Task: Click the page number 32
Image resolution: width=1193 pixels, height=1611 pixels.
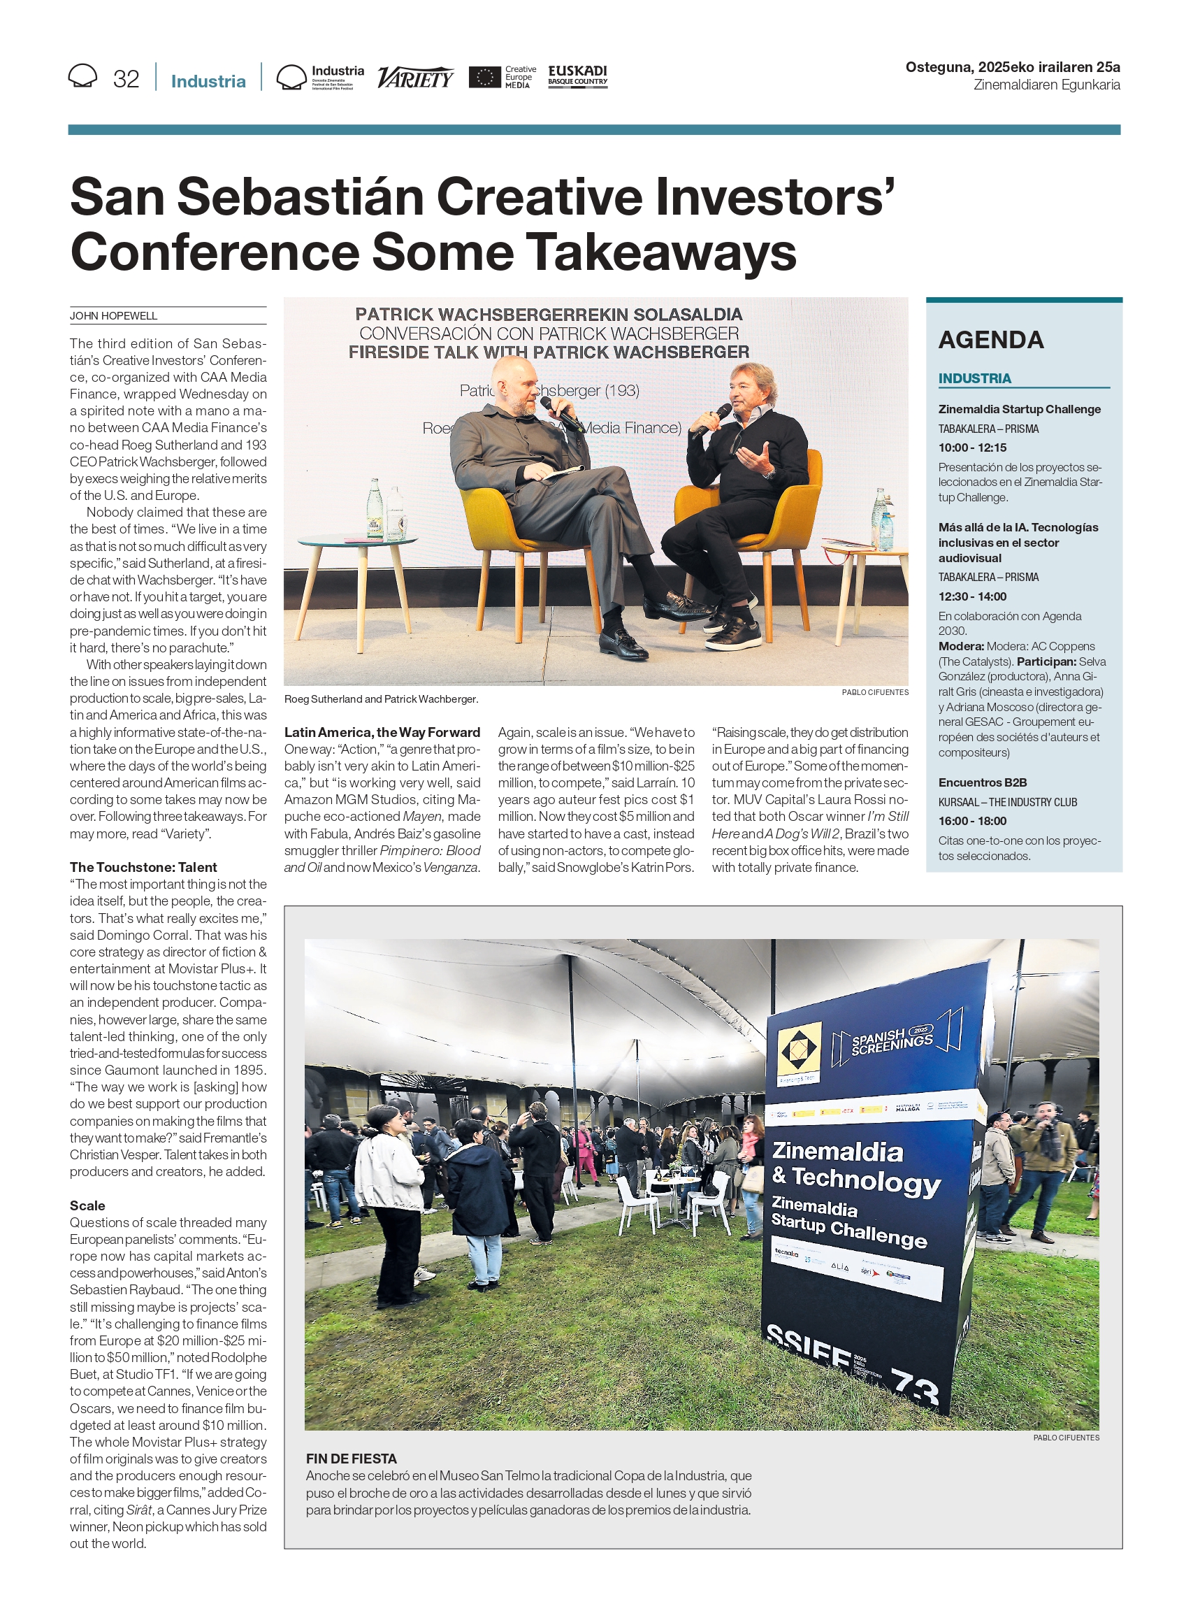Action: tap(126, 79)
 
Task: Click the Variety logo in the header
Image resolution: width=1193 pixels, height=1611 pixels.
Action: tap(415, 77)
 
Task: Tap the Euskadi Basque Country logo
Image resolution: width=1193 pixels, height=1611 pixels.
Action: tap(577, 76)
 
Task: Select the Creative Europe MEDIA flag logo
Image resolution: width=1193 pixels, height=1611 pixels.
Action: tap(484, 78)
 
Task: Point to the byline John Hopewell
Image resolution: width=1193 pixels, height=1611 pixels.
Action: tap(113, 316)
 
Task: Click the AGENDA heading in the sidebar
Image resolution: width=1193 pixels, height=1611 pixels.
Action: tap(991, 340)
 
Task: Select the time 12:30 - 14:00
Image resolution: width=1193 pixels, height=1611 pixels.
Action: tap(972, 596)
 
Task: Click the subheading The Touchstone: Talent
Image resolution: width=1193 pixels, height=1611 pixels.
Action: tap(143, 867)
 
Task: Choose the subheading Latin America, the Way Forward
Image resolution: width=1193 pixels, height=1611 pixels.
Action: tap(382, 732)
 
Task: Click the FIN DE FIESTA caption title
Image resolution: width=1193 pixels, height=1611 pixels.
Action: tap(351, 1458)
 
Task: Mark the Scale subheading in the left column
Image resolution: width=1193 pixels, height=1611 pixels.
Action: tap(87, 1205)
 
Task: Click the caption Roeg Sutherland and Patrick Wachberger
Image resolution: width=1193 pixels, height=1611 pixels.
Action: tap(382, 699)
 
